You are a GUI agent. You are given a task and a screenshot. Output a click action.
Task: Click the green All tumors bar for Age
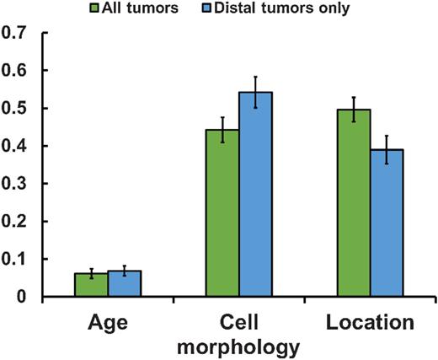click(90, 285)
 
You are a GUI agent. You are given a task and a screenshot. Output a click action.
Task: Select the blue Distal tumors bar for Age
click(124, 284)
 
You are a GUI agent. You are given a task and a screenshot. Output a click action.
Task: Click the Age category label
click(107, 324)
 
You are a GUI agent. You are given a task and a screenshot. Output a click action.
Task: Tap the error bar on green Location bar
click(354, 110)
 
